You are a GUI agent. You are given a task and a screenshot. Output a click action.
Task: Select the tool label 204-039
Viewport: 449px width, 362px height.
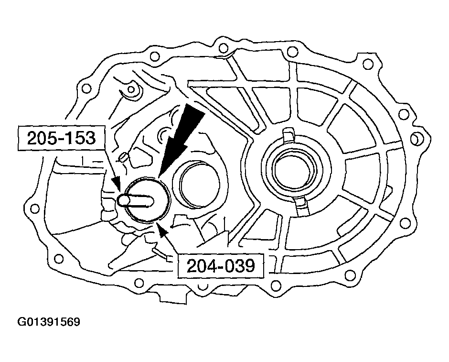click(220, 266)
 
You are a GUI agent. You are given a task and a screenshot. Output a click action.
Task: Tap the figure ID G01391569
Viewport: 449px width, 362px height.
click(49, 322)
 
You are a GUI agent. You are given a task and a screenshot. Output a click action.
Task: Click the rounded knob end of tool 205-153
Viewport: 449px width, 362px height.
click(123, 200)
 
